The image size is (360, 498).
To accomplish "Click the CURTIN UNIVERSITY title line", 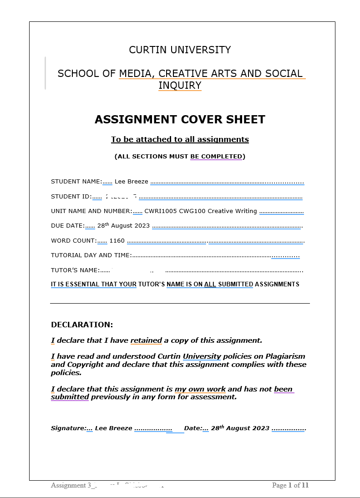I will pyautogui.click(x=180, y=50).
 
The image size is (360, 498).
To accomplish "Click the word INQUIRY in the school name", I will pyautogui.click(x=180, y=86).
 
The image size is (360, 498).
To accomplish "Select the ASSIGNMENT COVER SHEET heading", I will pyautogui.click(x=180, y=120).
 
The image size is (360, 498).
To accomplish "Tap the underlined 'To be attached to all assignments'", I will pyautogui.click(x=180, y=139).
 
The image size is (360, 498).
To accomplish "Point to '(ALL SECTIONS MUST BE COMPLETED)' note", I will pyautogui.click(x=180, y=157).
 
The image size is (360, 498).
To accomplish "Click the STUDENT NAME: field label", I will pyautogui.click(x=76, y=182).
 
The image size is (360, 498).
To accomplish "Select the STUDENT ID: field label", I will pyautogui.click(x=71, y=197).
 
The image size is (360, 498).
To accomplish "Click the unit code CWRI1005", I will pyautogui.click(x=157, y=211).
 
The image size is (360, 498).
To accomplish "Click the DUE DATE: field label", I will pyautogui.click(x=68, y=226).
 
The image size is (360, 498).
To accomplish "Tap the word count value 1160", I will pyautogui.click(x=117, y=240).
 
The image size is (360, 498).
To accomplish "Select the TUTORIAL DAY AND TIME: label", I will pyautogui.click(x=91, y=255).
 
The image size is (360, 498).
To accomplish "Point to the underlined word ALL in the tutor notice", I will pyautogui.click(x=210, y=285).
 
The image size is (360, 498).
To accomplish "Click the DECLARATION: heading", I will pyautogui.click(x=82, y=325).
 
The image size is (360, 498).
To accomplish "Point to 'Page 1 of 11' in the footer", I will pyautogui.click(x=290, y=485).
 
